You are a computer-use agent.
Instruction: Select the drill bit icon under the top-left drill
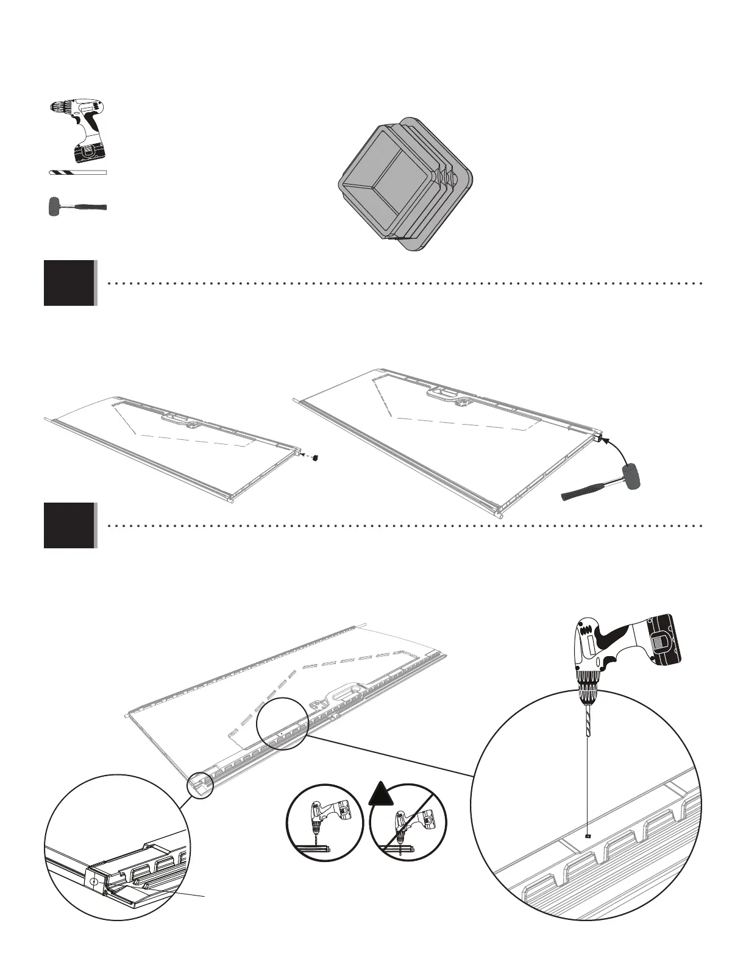click(x=77, y=172)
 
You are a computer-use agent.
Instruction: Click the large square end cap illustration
click(x=405, y=183)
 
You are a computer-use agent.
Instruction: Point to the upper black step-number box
click(x=69, y=283)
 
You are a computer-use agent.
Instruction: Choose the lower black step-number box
click(x=69, y=525)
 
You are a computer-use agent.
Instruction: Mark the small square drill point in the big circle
click(x=586, y=836)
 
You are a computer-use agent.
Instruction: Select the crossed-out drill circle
click(x=408, y=822)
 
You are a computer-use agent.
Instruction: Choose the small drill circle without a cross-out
click(x=325, y=822)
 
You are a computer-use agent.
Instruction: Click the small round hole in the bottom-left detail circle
click(x=93, y=882)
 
